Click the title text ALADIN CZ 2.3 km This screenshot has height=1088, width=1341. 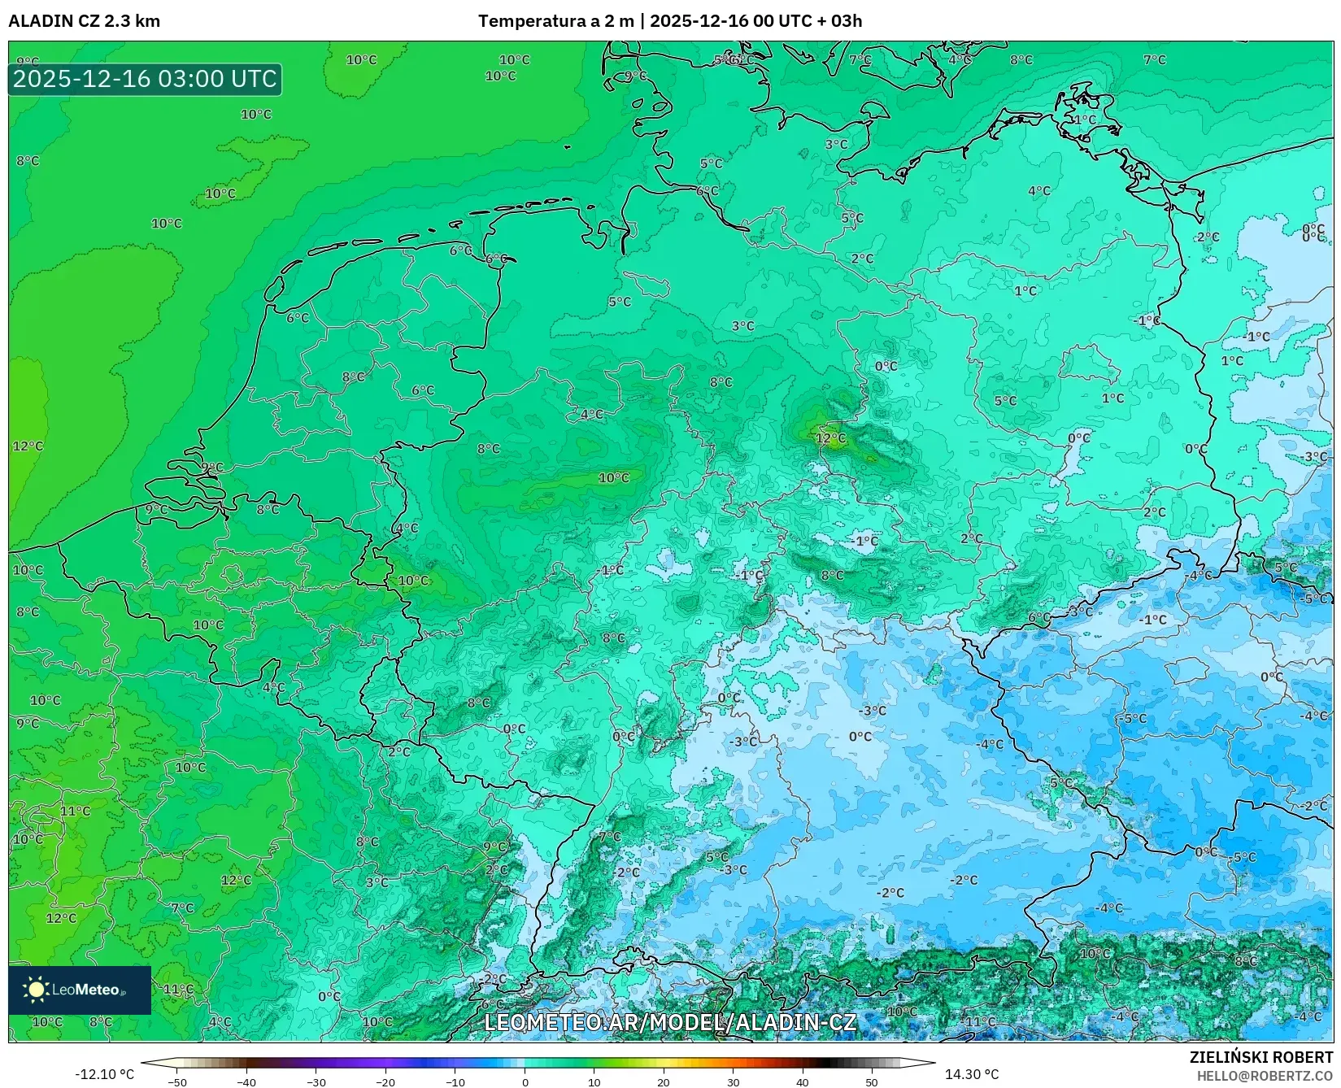tap(84, 21)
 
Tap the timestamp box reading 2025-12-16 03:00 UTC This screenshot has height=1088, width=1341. tap(145, 79)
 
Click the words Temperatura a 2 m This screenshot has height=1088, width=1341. tap(555, 21)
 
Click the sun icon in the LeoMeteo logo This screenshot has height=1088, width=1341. tap(36, 990)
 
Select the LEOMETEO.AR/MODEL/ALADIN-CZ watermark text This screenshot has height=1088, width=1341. tap(670, 1022)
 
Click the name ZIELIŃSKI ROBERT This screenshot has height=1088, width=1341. tap(1261, 1057)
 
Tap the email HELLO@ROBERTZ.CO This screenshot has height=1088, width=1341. tap(1265, 1075)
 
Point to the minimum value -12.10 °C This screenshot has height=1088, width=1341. tap(104, 1074)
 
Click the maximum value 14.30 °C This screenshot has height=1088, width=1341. tap(971, 1074)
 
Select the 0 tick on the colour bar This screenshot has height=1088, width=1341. tap(525, 1082)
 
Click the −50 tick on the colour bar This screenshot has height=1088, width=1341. tap(176, 1082)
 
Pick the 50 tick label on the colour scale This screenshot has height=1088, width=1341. tap(872, 1082)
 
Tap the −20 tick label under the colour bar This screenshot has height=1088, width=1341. tap(385, 1082)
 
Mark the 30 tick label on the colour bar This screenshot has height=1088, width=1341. tap(734, 1082)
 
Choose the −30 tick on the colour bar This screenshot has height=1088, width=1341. tap(316, 1082)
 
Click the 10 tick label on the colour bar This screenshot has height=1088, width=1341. tap(594, 1082)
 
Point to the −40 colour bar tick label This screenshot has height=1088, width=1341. tap(246, 1082)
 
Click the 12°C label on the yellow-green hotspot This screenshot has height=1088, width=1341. tap(831, 438)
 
